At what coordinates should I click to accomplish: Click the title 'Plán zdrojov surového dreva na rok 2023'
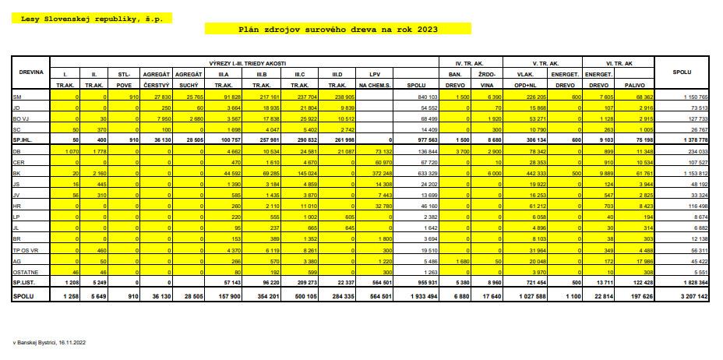click(x=337, y=29)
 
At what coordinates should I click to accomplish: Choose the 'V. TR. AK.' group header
click(x=545, y=62)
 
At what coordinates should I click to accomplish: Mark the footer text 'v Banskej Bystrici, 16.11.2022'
click(x=48, y=341)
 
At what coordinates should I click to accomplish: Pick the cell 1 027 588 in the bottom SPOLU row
click(x=532, y=298)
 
